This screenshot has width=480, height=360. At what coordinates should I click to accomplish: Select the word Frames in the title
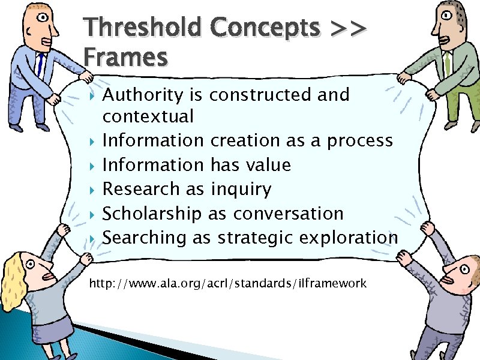(125, 58)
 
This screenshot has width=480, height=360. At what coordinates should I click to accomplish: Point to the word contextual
(148, 116)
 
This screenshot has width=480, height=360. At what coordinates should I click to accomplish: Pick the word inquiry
(241, 190)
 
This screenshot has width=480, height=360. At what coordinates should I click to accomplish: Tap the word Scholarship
(152, 214)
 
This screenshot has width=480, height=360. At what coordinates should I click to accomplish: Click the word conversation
(289, 214)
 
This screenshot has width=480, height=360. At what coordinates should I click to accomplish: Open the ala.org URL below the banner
(227, 283)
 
